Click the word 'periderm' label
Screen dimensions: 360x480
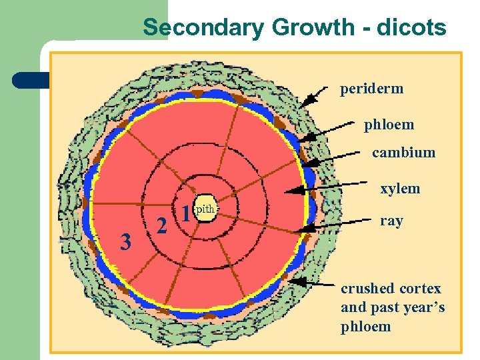point(371,89)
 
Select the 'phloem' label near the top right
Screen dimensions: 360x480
point(389,125)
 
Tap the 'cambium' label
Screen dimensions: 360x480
point(403,153)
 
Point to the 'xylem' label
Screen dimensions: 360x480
point(400,189)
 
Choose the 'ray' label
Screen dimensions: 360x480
point(391,221)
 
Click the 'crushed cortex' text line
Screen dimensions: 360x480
point(391,289)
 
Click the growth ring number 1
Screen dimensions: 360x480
point(186,213)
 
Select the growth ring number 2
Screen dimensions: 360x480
point(161,226)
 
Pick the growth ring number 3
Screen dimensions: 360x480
point(125,242)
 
